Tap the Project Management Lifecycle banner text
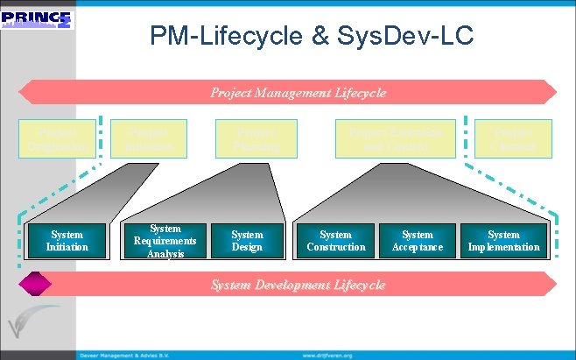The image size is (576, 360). pos(298,92)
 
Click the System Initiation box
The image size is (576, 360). pos(67,241)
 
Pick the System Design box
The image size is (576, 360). pos(247,241)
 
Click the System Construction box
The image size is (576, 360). pos(336,241)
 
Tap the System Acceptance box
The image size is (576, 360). pos(418,241)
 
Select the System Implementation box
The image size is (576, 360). pos(503,241)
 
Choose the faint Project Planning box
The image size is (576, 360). pos(249,138)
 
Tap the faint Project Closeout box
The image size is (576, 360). pos(513,138)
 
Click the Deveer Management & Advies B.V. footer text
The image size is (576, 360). pos(130,355)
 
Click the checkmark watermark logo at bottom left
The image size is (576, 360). pos(30,324)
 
